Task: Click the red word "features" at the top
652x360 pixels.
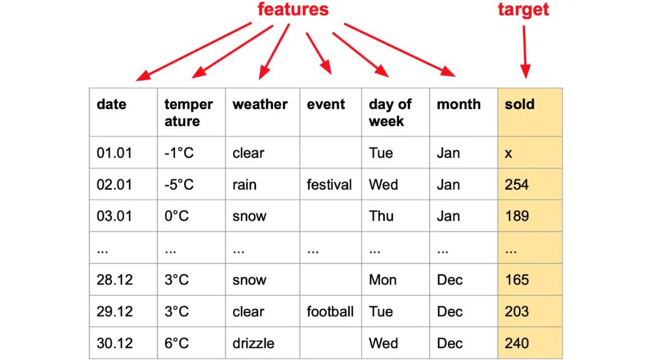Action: click(x=293, y=9)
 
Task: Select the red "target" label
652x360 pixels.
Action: click(x=524, y=10)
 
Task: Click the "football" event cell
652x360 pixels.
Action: click(x=330, y=312)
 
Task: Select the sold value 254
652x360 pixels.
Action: click(x=516, y=185)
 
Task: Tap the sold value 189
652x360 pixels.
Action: click(x=517, y=216)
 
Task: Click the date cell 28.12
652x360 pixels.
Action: click(x=115, y=280)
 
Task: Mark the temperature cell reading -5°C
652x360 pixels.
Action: click(x=179, y=185)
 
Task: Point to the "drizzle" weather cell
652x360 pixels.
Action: click(x=253, y=343)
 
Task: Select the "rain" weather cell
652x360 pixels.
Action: click(x=244, y=185)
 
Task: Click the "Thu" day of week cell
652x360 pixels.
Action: click(x=381, y=216)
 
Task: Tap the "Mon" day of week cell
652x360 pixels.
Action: click(x=382, y=280)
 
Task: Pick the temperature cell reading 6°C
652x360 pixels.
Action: click(x=176, y=343)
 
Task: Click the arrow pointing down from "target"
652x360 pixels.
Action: click(x=525, y=52)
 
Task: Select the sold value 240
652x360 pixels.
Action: click(x=517, y=343)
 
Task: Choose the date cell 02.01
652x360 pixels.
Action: click(x=114, y=185)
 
